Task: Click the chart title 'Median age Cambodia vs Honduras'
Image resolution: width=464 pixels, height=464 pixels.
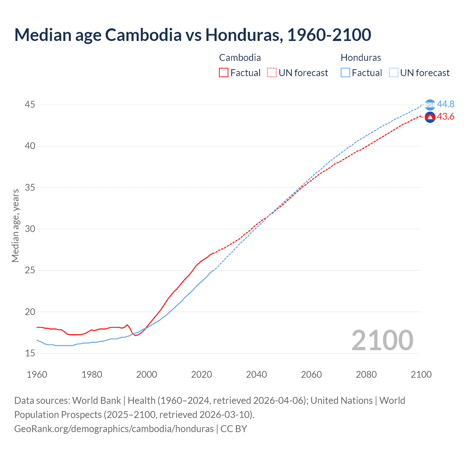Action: point(192,35)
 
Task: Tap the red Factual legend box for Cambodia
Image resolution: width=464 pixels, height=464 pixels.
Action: point(224,73)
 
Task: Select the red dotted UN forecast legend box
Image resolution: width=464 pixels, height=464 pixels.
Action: point(272,73)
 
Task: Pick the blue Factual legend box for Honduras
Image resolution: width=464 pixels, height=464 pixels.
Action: point(345,73)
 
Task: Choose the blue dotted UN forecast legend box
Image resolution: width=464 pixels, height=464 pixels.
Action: point(394,73)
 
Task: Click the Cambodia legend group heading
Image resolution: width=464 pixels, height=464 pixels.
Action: point(240,58)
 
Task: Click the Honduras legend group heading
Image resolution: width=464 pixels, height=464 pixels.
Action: point(361,58)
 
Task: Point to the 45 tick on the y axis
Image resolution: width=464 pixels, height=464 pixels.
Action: point(30,105)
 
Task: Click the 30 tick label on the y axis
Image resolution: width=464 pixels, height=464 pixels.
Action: point(30,229)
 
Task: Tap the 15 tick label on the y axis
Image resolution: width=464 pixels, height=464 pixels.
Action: point(30,353)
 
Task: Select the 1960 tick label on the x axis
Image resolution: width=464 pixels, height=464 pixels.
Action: point(37,374)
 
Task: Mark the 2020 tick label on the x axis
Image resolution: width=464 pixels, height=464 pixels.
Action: point(202,374)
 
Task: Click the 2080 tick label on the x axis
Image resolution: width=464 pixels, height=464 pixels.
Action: point(366,374)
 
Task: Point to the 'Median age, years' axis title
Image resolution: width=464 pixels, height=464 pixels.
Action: point(15,225)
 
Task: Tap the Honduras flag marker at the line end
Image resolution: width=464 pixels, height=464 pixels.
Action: point(430,105)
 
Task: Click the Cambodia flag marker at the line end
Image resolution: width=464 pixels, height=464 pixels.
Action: point(430,117)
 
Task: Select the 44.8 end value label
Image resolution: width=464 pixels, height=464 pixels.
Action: point(446,104)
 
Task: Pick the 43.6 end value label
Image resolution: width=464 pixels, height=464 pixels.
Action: point(446,117)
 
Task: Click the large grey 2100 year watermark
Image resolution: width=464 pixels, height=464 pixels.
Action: point(382,340)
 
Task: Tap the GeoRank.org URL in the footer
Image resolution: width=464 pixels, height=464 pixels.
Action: point(114,429)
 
